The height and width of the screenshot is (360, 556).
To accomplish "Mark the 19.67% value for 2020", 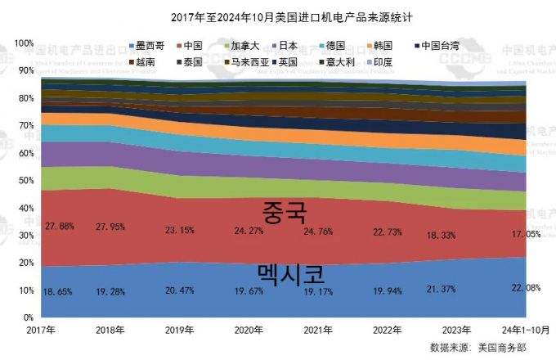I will (x=250, y=289).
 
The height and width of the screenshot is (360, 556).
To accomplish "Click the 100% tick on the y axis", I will (x=24, y=43).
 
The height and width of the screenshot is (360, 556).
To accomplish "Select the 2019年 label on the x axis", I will (x=180, y=330).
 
